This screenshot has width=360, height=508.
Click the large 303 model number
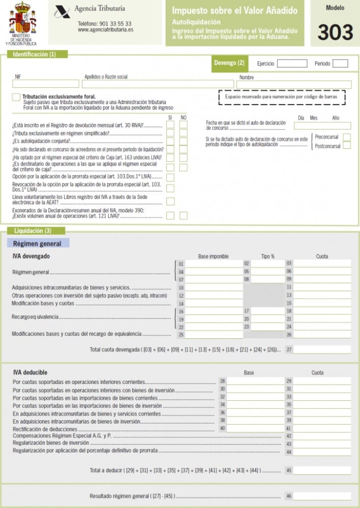[x=335, y=32]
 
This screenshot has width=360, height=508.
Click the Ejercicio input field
[x=292, y=63]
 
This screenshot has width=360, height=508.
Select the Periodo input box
[x=340, y=63]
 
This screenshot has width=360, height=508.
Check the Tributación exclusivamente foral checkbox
[x=16, y=97]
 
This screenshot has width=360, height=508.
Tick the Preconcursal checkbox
[x=346, y=137]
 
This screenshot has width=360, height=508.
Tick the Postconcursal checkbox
[x=346, y=146]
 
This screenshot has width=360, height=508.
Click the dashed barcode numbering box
[x=281, y=97]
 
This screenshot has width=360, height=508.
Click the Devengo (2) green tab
[x=229, y=63]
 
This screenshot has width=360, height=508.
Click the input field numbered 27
[x=321, y=350]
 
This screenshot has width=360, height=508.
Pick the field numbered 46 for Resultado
[x=321, y=496]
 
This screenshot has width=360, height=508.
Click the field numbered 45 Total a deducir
[x=321, y=470]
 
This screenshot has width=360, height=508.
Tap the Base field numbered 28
[x=254, y=381]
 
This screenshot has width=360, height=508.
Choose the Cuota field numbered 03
[x=321, y=264]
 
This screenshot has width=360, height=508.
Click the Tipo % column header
[x=267, y=256]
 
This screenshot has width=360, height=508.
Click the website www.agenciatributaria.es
[x=105, y=30]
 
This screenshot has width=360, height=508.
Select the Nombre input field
[x=294, y=84]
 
